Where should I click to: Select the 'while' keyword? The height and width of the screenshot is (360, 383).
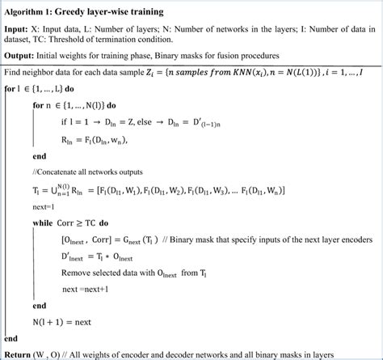(45, 222)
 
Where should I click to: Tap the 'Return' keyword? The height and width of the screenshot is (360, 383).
(19, 354)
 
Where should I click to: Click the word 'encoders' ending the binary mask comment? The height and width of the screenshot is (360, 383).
(356, 239)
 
